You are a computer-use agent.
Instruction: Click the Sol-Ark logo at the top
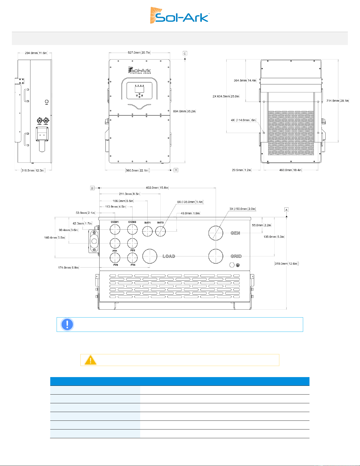(x=180, y=15)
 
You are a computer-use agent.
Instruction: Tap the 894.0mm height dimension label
(x=184, y=111)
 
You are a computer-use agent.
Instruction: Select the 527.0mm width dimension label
(x=139, y=53)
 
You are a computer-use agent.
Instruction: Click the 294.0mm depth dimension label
(x=36, y=53)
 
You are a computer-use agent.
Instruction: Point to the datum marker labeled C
(x=185, y=53)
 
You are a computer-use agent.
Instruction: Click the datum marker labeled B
(x=176, y=170)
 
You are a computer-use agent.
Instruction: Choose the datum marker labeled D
(x=92, y=188)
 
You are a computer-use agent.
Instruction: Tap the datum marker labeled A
(x=286, y=210)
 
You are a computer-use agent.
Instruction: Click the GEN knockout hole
(x=216, y=233)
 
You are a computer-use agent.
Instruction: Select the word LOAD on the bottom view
(x=169, y=256)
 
